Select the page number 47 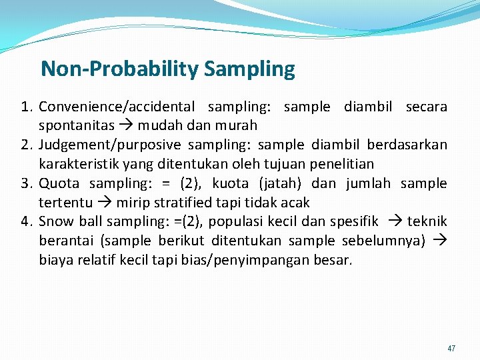(451, 348)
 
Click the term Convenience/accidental (117, 107)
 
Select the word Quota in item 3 (59, 183)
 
